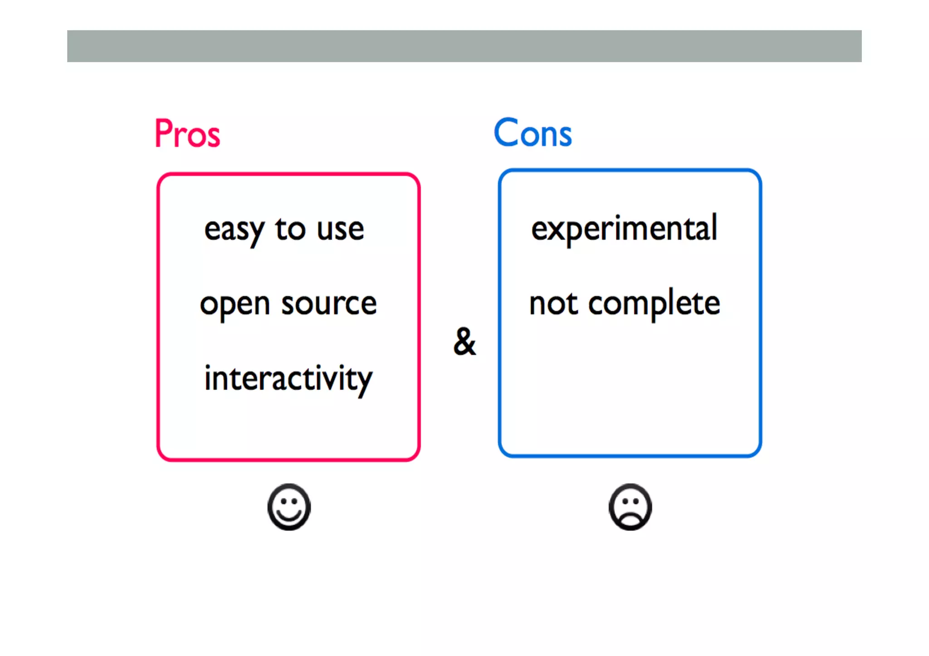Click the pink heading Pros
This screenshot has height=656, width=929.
tap(187, 134)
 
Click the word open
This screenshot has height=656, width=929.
tap(235, 305)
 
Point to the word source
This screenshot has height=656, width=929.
tap(329, 304)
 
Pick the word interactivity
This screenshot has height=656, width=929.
tap(288, 379)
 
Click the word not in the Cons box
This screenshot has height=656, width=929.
tap(553, 304)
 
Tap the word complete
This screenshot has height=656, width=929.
tap(654, 304)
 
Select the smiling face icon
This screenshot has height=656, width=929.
tap(289, 507)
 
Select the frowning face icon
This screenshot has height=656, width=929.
tap(630, 507)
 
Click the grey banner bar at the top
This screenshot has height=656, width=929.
tap(464, 46)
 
